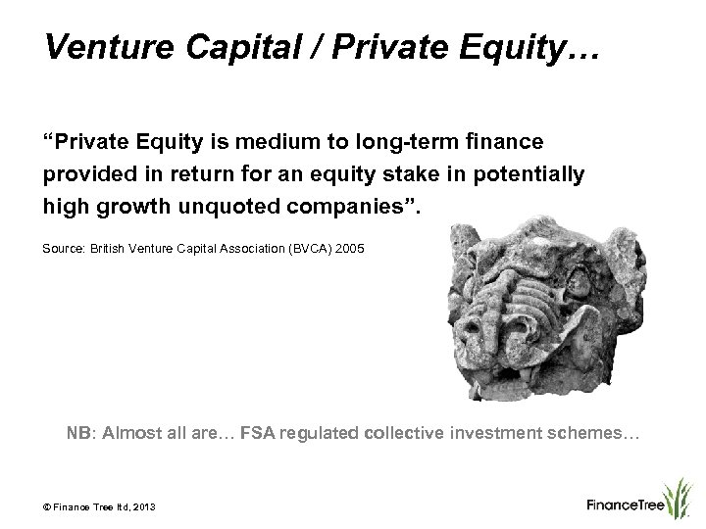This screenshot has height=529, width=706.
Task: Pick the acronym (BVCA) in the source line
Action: click(308, 251)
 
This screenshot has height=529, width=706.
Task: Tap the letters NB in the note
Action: click(76, 430)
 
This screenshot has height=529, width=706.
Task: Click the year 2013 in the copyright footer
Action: click(142, 505)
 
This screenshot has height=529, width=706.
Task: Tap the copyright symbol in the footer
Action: click(48, 505)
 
